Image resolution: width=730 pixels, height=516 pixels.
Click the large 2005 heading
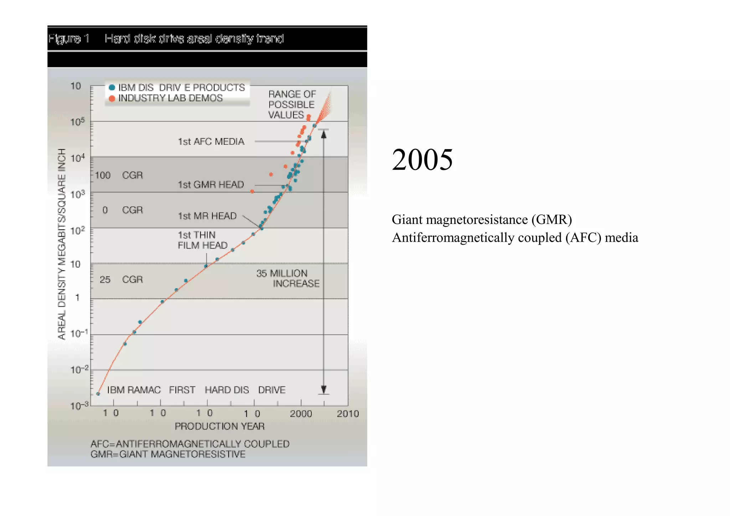[422, 159]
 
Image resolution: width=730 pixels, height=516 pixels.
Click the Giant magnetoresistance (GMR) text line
[482, 220]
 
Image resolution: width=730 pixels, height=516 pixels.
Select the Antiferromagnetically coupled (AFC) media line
[515, 238]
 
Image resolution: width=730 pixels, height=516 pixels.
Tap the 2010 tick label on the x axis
[348, 414]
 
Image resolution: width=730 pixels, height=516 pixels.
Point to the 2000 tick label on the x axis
[301, 414]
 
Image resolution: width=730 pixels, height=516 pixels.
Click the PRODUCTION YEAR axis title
[220, 426]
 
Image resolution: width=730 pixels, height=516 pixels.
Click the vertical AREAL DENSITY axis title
[62, 244]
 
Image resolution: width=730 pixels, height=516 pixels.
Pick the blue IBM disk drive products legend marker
[112, 87]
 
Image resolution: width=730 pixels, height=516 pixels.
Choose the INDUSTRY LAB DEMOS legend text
[170, 98]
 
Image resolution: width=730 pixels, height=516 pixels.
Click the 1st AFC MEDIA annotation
[211, 142]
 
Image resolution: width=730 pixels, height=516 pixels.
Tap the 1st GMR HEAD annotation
[211, 185]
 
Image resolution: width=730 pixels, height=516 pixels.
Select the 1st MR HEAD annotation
[207, 216]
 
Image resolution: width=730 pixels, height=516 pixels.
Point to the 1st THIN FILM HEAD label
[202, 240]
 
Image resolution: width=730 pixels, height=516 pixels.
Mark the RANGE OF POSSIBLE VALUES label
[292, 104]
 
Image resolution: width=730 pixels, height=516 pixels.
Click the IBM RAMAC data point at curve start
[98, 394]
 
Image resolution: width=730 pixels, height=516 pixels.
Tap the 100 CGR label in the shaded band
[118, 175]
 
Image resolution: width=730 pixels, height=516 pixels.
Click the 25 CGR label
[121, 280]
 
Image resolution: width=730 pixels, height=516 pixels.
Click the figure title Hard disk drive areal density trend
[194, 39]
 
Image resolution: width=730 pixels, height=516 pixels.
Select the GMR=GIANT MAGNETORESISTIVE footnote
[168, 454]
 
